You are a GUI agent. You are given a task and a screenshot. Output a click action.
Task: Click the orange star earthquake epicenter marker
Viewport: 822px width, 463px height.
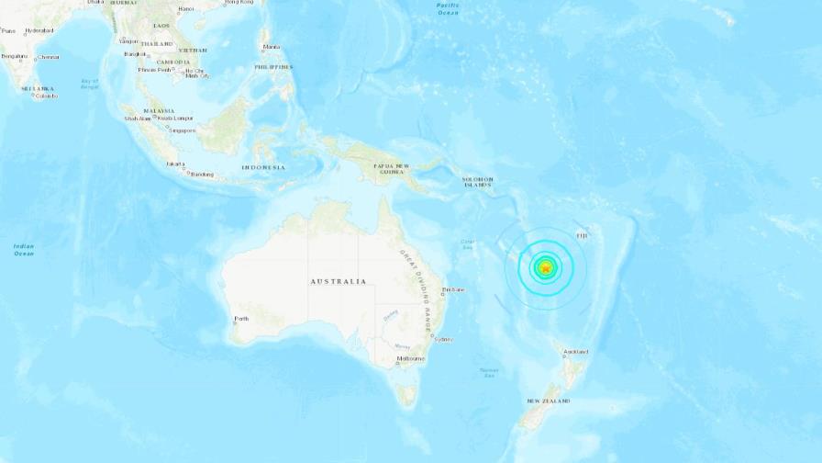(x=546, y=268)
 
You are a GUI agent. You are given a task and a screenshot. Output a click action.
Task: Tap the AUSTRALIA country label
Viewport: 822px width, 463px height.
(x=339, y=281)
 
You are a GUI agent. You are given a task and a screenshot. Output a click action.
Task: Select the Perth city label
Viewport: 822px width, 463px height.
(x=241, y=319)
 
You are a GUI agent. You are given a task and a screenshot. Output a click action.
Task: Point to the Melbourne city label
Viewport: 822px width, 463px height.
(x=410, y=358)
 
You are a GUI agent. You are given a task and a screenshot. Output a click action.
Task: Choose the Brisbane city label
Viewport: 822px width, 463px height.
(x=453, y=289)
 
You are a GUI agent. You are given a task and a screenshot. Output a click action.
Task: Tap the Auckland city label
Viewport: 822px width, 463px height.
(x=576, y=352)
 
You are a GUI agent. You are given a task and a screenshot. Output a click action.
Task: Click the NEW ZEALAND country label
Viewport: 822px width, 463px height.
(x=548, y=401)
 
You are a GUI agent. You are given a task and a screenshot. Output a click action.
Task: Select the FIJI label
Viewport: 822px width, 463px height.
(x=581, y=235)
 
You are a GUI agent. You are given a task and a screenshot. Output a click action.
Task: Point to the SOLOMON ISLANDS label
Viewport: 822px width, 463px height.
(x=477, y=182)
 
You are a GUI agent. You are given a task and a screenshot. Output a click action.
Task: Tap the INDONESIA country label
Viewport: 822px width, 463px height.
(x=263, y=167)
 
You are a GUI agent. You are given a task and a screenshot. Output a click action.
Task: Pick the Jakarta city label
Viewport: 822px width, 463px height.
(x=175, y=164)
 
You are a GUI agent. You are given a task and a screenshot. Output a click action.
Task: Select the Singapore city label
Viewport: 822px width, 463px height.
(x=183, y=130)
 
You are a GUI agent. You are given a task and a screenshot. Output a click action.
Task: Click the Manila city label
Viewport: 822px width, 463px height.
(x=271, y=46)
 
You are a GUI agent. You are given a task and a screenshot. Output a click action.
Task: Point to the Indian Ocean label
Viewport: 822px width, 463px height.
(x=24, y=249)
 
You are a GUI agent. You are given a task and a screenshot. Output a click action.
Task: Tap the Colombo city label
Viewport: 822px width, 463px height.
(x=46, y=96)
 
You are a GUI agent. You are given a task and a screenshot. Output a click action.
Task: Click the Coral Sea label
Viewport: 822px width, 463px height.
(x=468, y=245)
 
